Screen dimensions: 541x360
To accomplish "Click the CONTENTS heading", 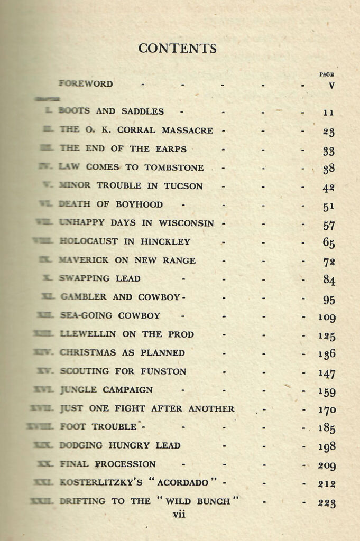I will tap(178, 49).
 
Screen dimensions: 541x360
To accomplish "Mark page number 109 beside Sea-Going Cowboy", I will tap(327, 318).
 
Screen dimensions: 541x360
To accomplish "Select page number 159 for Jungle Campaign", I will tap(327, 392).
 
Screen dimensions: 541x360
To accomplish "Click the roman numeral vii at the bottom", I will tap(179, 514).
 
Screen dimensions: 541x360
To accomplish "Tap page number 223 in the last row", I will tap(327, 503).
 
